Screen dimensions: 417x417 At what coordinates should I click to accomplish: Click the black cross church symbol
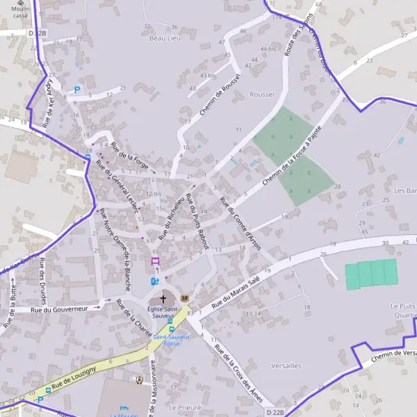pos(163,299)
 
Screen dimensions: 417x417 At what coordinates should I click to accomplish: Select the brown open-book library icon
pos(184,298)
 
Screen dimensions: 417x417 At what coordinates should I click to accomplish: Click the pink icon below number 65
pos(155,261)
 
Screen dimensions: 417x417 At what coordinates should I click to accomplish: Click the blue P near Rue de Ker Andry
pos(77,90)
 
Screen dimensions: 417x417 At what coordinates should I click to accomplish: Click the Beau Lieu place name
pos(165,38)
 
